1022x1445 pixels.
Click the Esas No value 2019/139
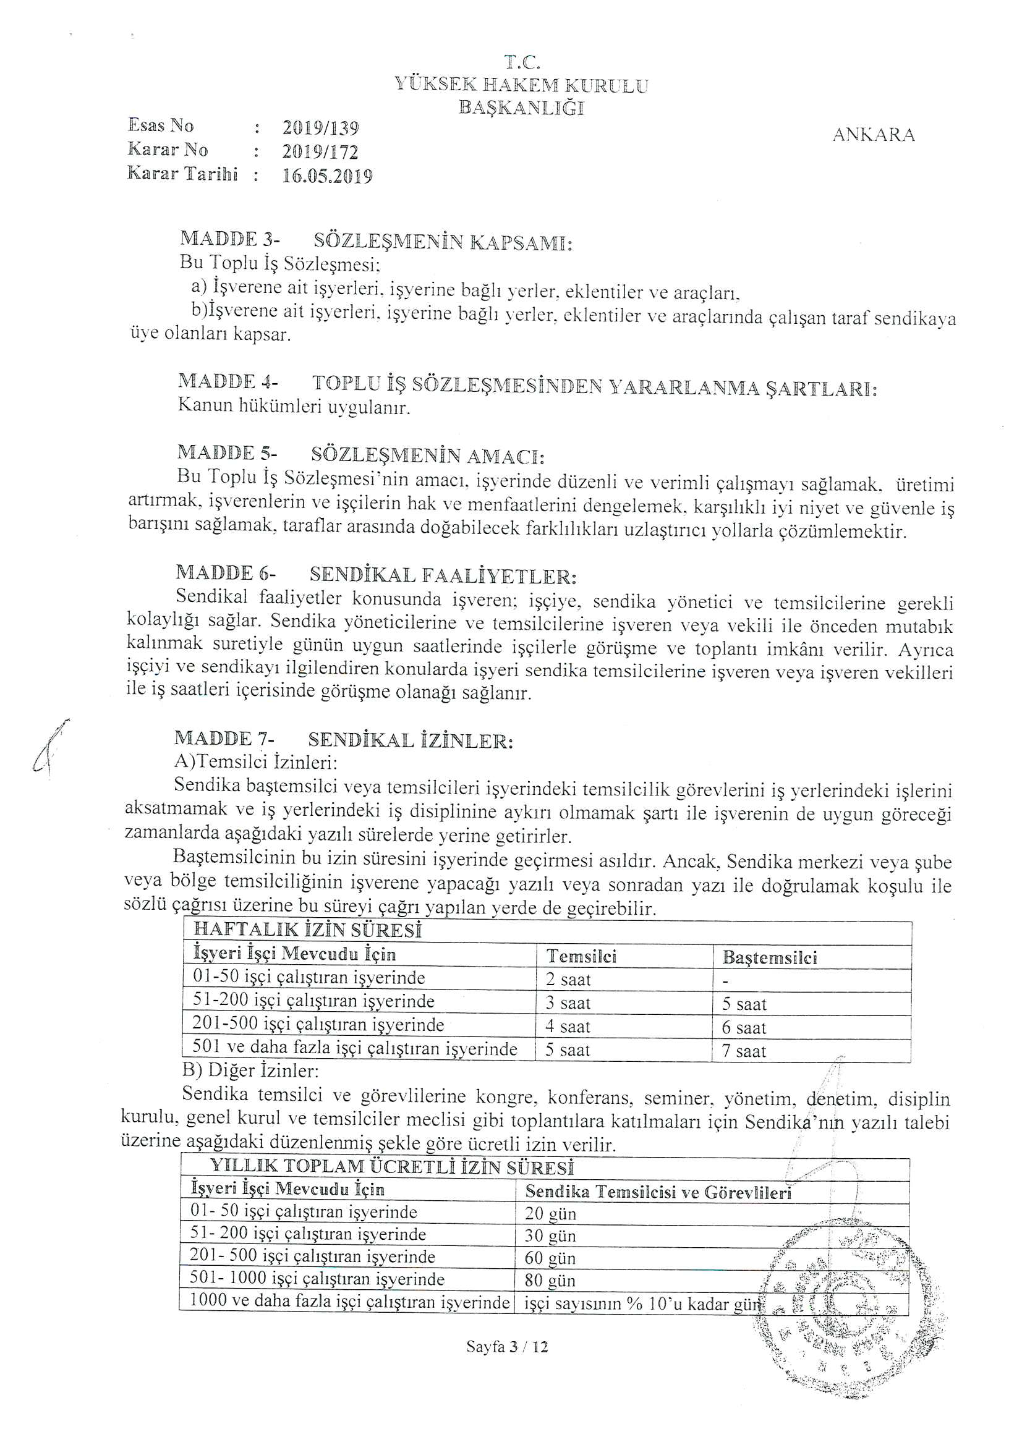tap(320, 129)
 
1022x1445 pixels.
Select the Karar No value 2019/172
tap(320, 152)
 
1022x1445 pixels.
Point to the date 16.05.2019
tap(327, 176)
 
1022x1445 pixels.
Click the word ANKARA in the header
tap(873, 135)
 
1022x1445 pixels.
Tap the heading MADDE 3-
tap(230, 240)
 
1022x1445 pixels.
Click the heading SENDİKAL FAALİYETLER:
tap(443, 575)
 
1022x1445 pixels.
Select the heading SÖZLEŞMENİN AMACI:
tap(428, 456)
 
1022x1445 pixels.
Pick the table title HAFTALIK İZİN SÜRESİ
tap(307, 930)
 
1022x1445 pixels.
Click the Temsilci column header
tap(581, 957)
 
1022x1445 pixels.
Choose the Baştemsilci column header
tap(770, 958)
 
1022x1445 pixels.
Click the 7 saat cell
tap(744, 1051)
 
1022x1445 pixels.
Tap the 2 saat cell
tap(568, 980)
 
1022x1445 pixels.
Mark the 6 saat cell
tap(744, 1028)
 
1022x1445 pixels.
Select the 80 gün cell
tap(550, 1281)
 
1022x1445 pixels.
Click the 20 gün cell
tap(550, 1214)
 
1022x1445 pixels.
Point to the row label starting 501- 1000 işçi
tap(317, 1279)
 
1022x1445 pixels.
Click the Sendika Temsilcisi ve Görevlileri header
tap(657, 1192)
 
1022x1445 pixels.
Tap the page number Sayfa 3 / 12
tap(507, 1347)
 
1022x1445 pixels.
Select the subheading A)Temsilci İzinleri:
tap(256, 763)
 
